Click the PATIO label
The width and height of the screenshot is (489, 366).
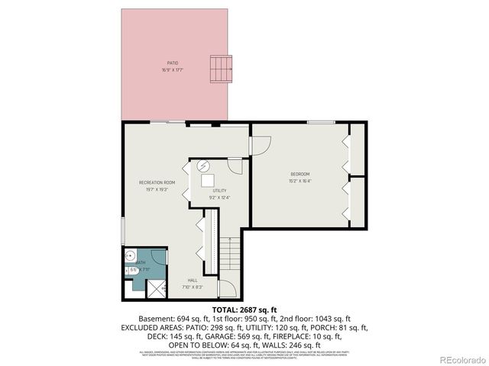pyautogui.click(x=173, y=63)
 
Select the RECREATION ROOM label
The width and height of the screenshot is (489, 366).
pyautogui.click(x=157, y=182)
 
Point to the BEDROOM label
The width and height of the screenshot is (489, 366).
pyautogui.click(x=299, y=175)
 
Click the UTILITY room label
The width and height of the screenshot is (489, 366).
pyautogui.click(x=220, y=191)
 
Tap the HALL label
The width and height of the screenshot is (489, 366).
pyautogui.click(x=193, y=280)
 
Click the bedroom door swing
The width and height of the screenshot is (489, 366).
pyautogui.click(x=260, y=145)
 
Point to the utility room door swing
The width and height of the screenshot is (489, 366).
pyautogui.click(x=236, y=168)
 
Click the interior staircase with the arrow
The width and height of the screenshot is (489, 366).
pyautogui.click(x=230, y=260)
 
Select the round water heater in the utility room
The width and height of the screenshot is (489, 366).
pyautogui.click(x=204, y=165)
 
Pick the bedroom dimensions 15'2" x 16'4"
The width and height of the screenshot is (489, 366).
pyautogui.click(x=300, y=181)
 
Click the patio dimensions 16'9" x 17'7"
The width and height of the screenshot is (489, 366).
pyautogui.click(x=173, y=70)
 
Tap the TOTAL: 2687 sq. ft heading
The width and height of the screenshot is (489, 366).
pyautogui.click(x=244, y=310)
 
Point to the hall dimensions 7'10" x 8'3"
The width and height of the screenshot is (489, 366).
pyautogui.click(x=193, y=287)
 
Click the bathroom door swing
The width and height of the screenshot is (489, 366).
pyautogui.click(x=157, y=257)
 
